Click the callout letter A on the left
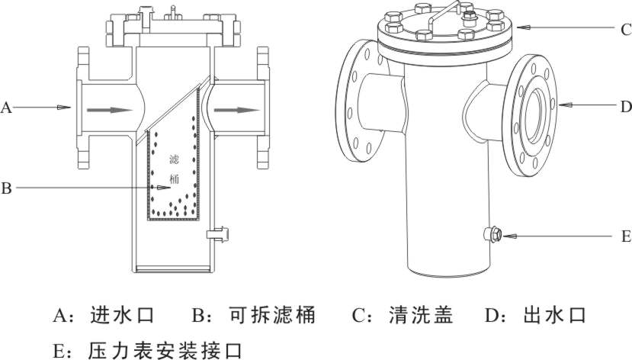pyautogui.click(x=6, y=108)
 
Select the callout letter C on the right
pyautogui.click(x=624, y=30)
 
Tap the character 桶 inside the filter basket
pyautogui.click(x=175, y=181)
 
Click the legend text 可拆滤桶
pyautogui.click(x=272, y=314)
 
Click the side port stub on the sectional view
pyautogui.click(x=220, y=232)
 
